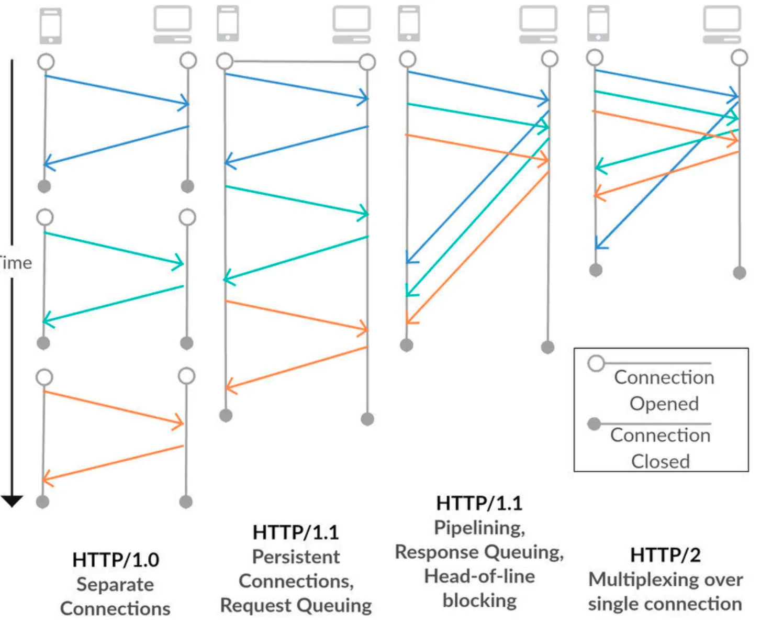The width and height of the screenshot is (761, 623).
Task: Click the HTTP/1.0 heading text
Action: tap(116, 560)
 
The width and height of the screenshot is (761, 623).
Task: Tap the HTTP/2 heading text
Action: tap(665, 554)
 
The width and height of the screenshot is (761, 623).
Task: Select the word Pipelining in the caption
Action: tap(479, 527)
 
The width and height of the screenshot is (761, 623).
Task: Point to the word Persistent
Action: tap(296, 557)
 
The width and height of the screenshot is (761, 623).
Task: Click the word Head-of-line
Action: tap(479, 576)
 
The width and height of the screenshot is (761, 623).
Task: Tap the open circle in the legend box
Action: tap(596, 363)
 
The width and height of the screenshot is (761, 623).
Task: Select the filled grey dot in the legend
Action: tap(594, 424)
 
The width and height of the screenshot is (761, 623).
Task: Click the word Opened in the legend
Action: tap(664, 404)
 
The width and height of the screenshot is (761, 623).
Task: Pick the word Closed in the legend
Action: tap(661, 461)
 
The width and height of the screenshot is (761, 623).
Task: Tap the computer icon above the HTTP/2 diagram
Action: tap(722, 24)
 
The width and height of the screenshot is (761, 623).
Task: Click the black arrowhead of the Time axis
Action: tap(12, 501)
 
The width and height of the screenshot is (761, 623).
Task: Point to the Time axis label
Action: tap(16, 263)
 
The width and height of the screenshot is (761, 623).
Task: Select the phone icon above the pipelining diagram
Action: tap(409, 23)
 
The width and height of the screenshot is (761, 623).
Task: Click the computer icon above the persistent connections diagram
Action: tap(352, 24)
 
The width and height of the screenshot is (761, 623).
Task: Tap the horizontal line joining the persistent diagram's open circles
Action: tap(296, 62)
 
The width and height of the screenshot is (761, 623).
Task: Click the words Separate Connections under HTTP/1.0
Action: tap(115, 596)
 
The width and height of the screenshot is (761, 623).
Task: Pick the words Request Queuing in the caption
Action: tap(296, 605)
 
